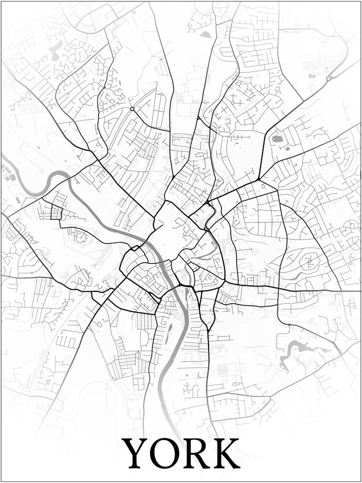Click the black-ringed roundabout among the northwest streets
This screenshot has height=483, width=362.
[x=132, y=109]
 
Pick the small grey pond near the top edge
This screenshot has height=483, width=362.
[x=206, y=34]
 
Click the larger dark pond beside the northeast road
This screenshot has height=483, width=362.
[x=277, y=139]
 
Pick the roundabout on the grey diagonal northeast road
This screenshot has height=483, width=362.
[x=329, y=78]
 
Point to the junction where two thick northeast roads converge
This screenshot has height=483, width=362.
[x=259, y=180]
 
